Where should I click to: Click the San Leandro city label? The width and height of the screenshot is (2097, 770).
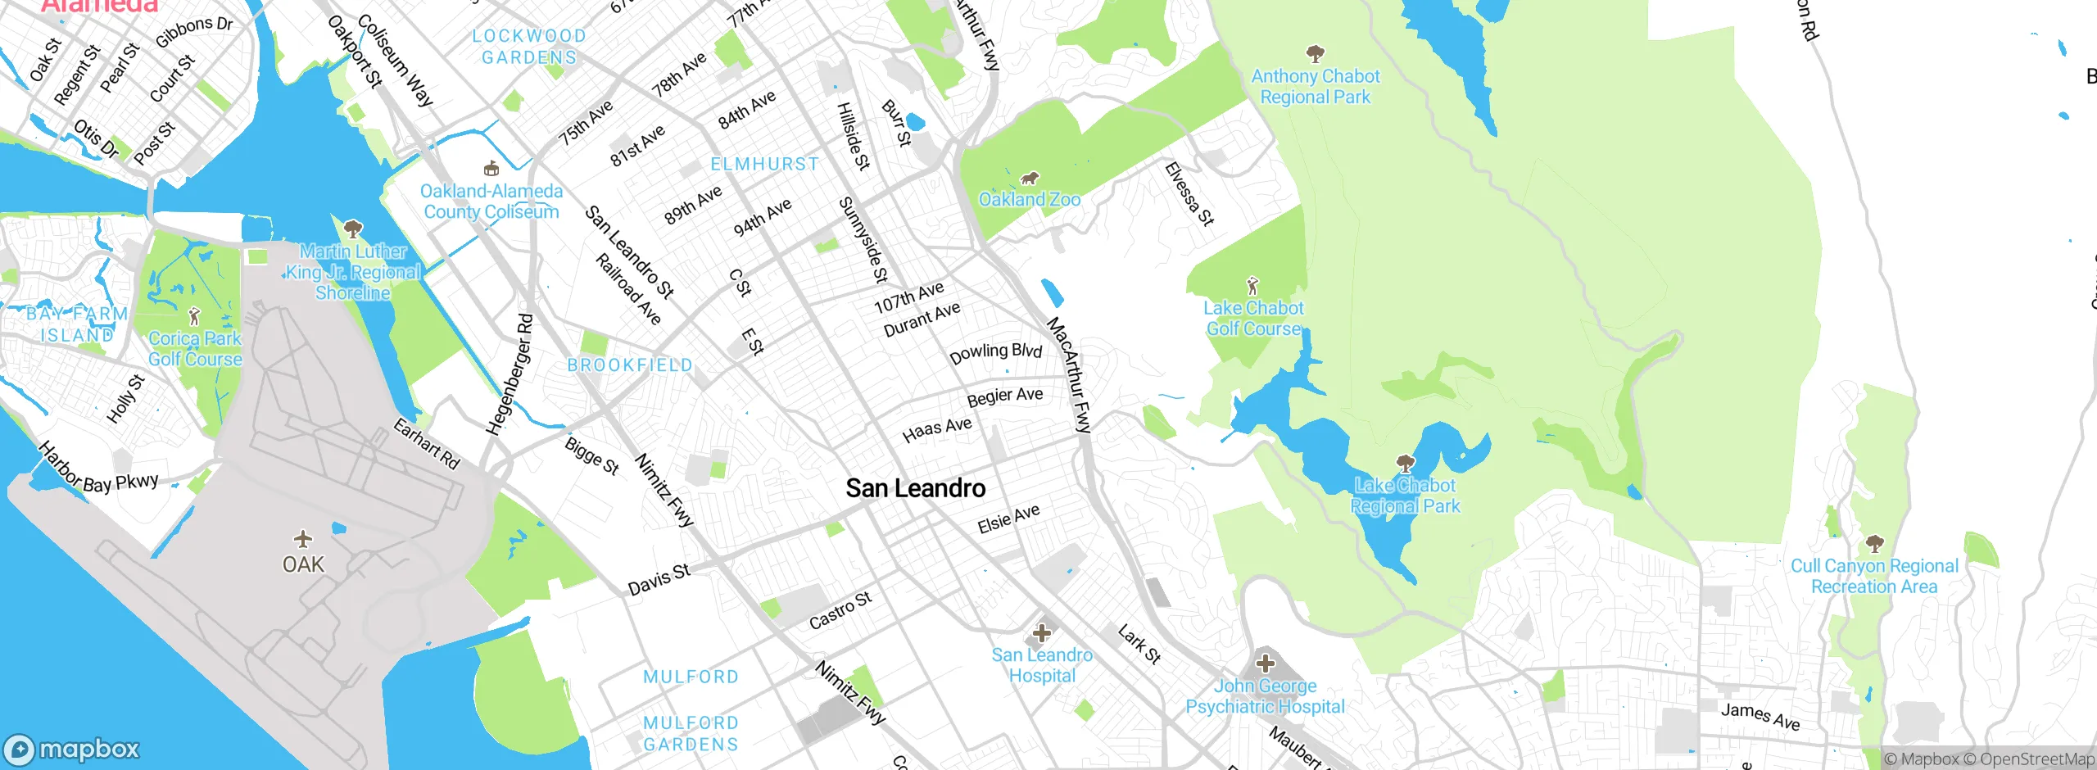click(x=915, y=488)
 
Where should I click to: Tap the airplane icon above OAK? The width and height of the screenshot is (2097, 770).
click(x=303, y=539)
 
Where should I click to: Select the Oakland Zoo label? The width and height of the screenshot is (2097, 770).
click(x=1030, y=199)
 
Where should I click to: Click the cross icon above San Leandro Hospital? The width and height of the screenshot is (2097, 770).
click(x=1042, y=632)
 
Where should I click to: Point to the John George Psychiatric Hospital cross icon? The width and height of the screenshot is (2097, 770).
click(x=1266, y=663)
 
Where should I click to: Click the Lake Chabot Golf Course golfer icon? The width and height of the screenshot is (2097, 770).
click(x=1252, y=286)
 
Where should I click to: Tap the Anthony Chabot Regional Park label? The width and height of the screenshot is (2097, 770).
click(x=1315, y=86)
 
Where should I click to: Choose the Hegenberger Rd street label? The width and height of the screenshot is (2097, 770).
click(x=509, y=374)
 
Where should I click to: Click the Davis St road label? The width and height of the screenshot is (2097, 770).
click(x=659, y=579)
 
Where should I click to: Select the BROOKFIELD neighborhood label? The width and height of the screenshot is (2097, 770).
click(x=630, y=365)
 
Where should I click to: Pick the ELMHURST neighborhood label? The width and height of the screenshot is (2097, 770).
click(x=764, y=164)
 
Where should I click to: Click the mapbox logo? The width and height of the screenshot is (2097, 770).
click(x=72, y=749)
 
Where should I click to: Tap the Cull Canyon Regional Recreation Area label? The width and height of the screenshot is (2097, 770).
click(x=1874, y=576)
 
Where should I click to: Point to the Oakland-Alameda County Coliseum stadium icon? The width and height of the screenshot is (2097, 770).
click(x=491, y=169)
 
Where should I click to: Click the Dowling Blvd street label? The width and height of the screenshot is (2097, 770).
click(x=995, y=353)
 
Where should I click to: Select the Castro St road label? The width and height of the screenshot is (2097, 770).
click(x=840, y=610)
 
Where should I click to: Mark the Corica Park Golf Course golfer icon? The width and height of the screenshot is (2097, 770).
click(x=194, y=315)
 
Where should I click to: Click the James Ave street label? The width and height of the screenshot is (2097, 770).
click(x=1760, y=716)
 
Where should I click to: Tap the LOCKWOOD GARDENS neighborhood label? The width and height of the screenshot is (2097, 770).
click(x=529, y=47)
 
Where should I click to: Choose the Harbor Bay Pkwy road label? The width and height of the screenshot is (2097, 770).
click(x=97, y=471)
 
